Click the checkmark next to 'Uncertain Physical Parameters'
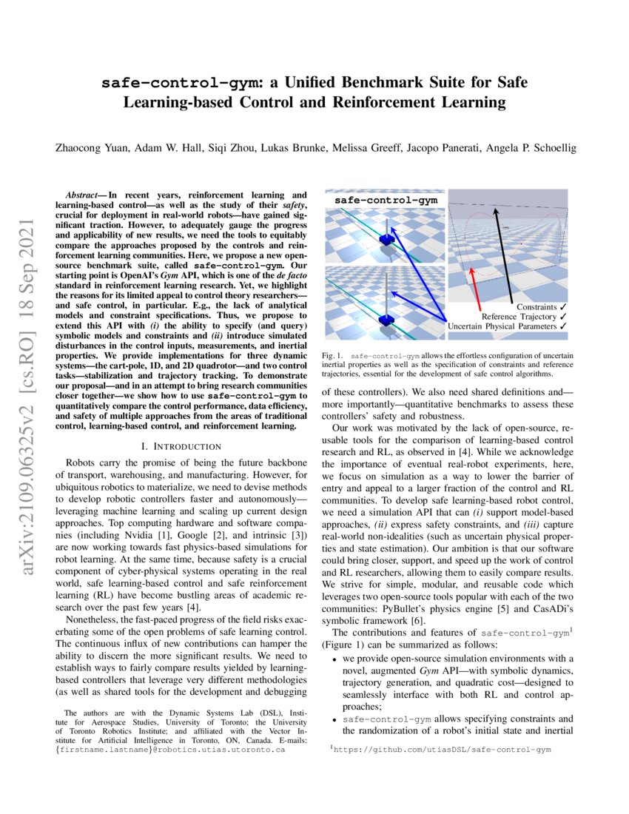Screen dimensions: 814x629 [564, 326]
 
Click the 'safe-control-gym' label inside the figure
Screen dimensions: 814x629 [386, 200]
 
